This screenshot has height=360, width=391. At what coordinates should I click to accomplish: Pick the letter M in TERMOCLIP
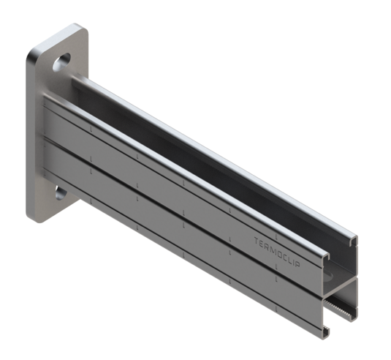pos(273,242)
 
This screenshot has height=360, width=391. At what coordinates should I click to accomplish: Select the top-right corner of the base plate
pos(83,29)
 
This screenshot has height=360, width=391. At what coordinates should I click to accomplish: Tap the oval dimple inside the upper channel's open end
pos(344,263)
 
